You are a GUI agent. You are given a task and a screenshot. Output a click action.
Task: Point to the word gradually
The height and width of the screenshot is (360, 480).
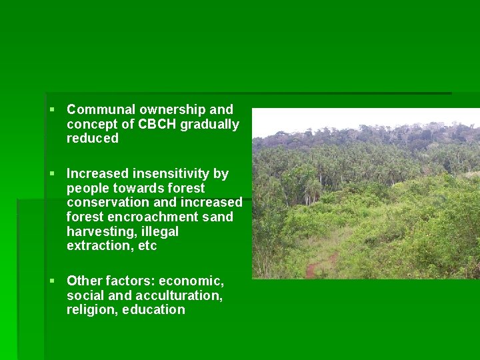(209, 124)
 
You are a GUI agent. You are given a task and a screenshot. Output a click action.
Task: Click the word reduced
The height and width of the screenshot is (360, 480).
(93, 139)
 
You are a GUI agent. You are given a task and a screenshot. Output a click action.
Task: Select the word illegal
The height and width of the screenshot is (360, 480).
(161, 231)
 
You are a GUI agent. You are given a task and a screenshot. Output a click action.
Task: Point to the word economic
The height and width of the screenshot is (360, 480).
(191, 281)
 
